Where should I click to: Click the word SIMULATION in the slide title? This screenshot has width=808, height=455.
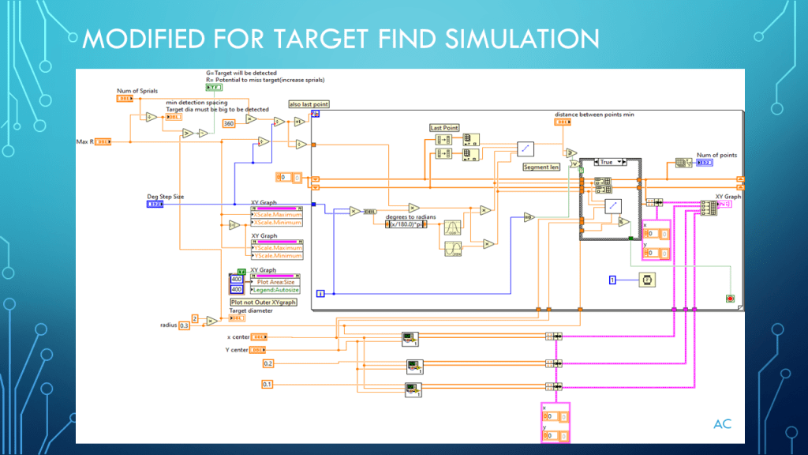point(495,38)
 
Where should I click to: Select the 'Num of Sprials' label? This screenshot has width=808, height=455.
point(137,91)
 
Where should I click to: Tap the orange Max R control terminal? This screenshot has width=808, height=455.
point(103,142)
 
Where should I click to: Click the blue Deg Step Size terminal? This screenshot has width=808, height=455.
point(155,204)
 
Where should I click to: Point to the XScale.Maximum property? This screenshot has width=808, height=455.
point(277,215)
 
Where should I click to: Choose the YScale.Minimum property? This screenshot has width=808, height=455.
point(278,256)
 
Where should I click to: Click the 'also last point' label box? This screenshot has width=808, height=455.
point(309,104)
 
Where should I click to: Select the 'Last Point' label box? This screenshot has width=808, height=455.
point(444,127)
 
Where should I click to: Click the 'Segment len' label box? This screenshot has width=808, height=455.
point(541,167)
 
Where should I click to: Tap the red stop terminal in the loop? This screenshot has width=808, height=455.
point(731,298)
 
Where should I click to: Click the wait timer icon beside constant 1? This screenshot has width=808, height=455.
point(646,280)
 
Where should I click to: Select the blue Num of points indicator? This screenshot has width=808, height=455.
point(705,163)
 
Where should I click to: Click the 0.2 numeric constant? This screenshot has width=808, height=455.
point(268,363)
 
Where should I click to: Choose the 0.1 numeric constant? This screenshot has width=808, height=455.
point(268,384)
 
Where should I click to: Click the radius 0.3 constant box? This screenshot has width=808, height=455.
point(185,325)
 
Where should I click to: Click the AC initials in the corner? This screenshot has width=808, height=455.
point(722,424)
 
